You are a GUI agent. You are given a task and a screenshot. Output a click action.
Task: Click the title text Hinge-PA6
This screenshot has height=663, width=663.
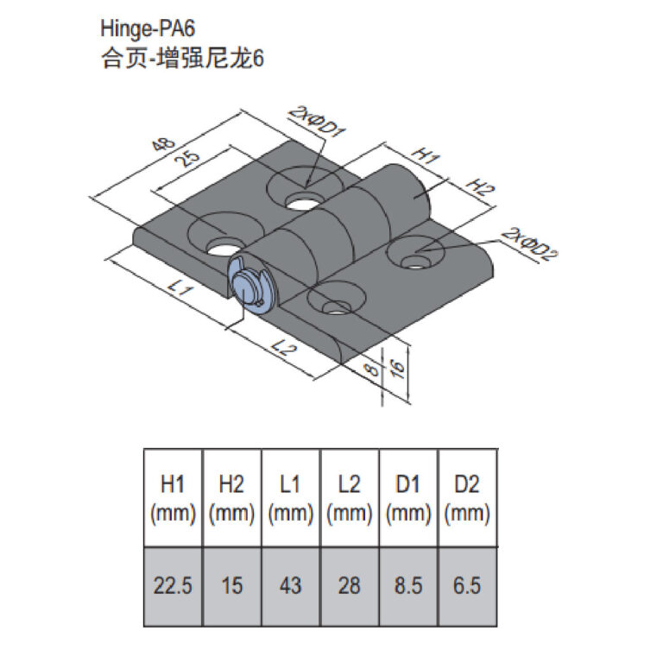tap(148, 28)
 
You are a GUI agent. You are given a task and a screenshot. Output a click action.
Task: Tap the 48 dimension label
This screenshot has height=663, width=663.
tap(163, 144)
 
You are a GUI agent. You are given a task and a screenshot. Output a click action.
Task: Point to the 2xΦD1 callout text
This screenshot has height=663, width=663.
tap(317, 122)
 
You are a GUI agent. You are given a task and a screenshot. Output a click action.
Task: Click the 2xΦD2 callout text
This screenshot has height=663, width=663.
tap(529, 244)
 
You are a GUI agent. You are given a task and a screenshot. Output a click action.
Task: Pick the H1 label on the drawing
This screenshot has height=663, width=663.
tap(426, 155)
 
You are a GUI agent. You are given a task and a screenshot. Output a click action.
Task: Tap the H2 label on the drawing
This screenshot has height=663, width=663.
tap(480, 186)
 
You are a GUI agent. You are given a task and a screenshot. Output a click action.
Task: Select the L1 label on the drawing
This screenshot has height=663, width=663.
tap(180, 289)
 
